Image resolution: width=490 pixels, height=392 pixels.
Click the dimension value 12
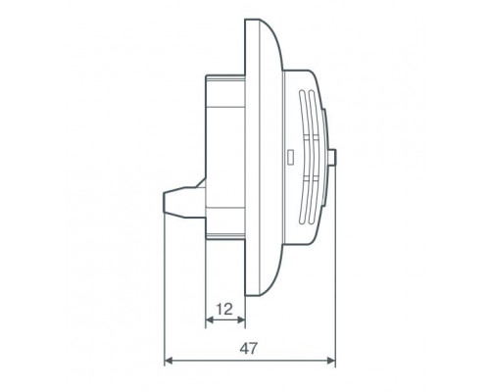click(x=224, y=309)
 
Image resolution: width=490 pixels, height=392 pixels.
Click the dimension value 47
click(x=249, y=349)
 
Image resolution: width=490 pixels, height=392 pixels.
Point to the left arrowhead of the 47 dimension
click(x=169, y=361)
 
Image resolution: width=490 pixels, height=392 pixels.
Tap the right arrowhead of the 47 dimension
click(x=331, y=361)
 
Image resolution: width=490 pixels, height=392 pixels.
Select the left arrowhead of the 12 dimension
click(x=210, y=319)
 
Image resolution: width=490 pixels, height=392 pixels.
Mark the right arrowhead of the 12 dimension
click(x=241, y=319)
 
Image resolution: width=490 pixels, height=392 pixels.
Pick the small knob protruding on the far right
click(x=332, y=158)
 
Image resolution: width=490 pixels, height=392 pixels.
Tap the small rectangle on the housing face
click(x=290, y=157)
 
